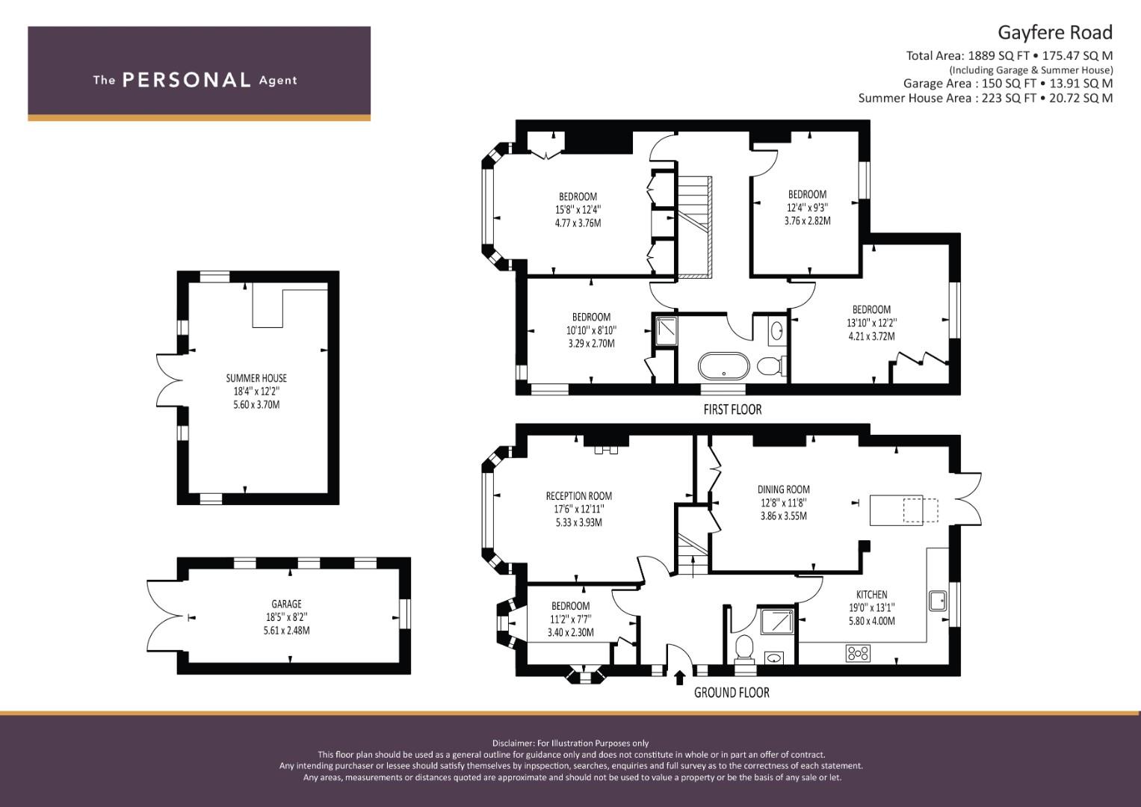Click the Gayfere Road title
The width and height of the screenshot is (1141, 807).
pos(1055,33)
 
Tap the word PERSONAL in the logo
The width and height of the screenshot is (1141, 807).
pos(187,80)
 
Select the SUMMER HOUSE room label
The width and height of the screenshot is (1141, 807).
pos(256,378)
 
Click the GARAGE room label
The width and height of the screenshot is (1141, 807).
pos(286,604)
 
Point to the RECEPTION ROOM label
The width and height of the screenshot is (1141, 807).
pos(578,495)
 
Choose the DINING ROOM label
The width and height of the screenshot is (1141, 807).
pos(783,489)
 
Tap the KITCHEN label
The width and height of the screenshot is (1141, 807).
pos(871,594)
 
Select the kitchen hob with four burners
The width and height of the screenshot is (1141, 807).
pos(858,653)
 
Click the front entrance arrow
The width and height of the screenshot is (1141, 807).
pos(679,678)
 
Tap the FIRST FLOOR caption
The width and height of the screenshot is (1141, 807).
pos(732,409)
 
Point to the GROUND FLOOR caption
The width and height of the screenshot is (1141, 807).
pos(732,693)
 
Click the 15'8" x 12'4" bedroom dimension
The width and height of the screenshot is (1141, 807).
pos(578,209)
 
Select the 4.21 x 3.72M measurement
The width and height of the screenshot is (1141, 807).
pos(871,336)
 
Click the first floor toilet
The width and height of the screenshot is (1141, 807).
pos(771,365)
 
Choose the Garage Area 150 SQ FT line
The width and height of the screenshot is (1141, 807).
pos(1008,84)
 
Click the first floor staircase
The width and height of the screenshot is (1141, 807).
pos(694,227)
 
